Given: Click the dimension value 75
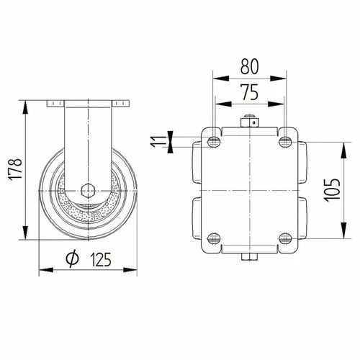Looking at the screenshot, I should (x=250, y=92).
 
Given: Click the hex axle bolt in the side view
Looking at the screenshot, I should (x=87, y=190).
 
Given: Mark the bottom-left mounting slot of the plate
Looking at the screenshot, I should (x=214, y=238).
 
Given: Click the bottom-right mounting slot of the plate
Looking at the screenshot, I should (x=286, y=238).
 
